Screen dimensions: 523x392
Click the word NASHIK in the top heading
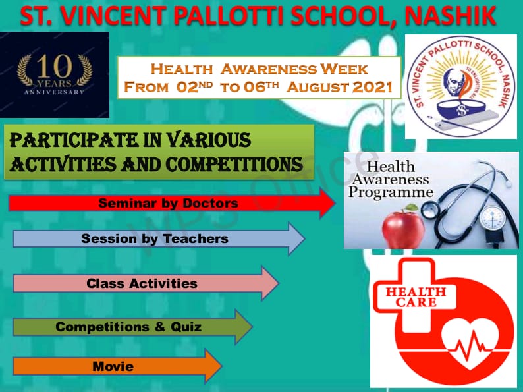451,16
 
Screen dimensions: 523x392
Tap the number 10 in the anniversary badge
55,66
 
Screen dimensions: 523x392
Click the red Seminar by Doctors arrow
172,203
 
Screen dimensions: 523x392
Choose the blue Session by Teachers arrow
159,239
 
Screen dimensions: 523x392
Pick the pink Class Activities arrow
146,283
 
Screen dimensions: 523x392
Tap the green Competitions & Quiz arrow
132,327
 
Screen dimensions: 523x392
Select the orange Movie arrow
117,366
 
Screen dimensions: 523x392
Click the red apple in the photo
403,227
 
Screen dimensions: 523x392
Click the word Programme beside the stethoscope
391,192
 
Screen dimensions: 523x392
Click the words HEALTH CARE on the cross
416,297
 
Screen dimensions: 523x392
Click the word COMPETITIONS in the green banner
234,165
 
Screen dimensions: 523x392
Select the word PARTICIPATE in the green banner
74,140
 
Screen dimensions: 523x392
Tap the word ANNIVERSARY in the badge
54,92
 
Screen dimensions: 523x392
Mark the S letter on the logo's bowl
462,110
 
